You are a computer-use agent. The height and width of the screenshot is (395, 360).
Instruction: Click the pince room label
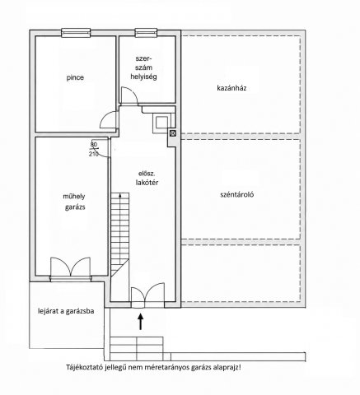tap(75, 77)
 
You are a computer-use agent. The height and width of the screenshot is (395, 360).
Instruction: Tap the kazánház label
tap(231, 88)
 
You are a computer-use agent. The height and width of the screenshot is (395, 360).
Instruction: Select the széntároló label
tap(237, 195)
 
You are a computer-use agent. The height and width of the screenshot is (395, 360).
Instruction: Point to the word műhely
tap(74, 197)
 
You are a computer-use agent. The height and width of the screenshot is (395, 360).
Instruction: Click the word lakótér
tap(147, 183)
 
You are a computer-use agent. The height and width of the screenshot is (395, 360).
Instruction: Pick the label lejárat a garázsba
tap(66, 311)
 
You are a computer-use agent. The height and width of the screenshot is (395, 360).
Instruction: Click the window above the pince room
tap(76, 32)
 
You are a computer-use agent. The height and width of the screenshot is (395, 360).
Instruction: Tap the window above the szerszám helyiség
tap(146, 32)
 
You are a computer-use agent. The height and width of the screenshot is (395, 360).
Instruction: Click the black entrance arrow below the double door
tap(141, 322)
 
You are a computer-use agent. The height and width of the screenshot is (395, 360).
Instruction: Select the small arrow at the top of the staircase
tap(120, 195)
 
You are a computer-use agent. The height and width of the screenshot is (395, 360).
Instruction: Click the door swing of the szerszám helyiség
tap(129, 95)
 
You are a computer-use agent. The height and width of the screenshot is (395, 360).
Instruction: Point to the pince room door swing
tap(109, 120)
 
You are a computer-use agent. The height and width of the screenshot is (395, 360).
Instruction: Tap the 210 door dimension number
tap(93, 154)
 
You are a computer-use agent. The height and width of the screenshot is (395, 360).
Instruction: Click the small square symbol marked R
tap(173, 133)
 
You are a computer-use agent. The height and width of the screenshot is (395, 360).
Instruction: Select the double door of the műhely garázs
tap(71, 267)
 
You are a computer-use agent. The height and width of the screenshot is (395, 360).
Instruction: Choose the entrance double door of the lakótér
tap(147, 293)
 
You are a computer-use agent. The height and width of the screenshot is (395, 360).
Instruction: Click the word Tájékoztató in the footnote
tap(84, 368)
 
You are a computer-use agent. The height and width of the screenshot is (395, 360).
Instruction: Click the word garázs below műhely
tap(75, 207)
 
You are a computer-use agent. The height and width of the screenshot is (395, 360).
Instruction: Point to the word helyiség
tap(143, 77)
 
